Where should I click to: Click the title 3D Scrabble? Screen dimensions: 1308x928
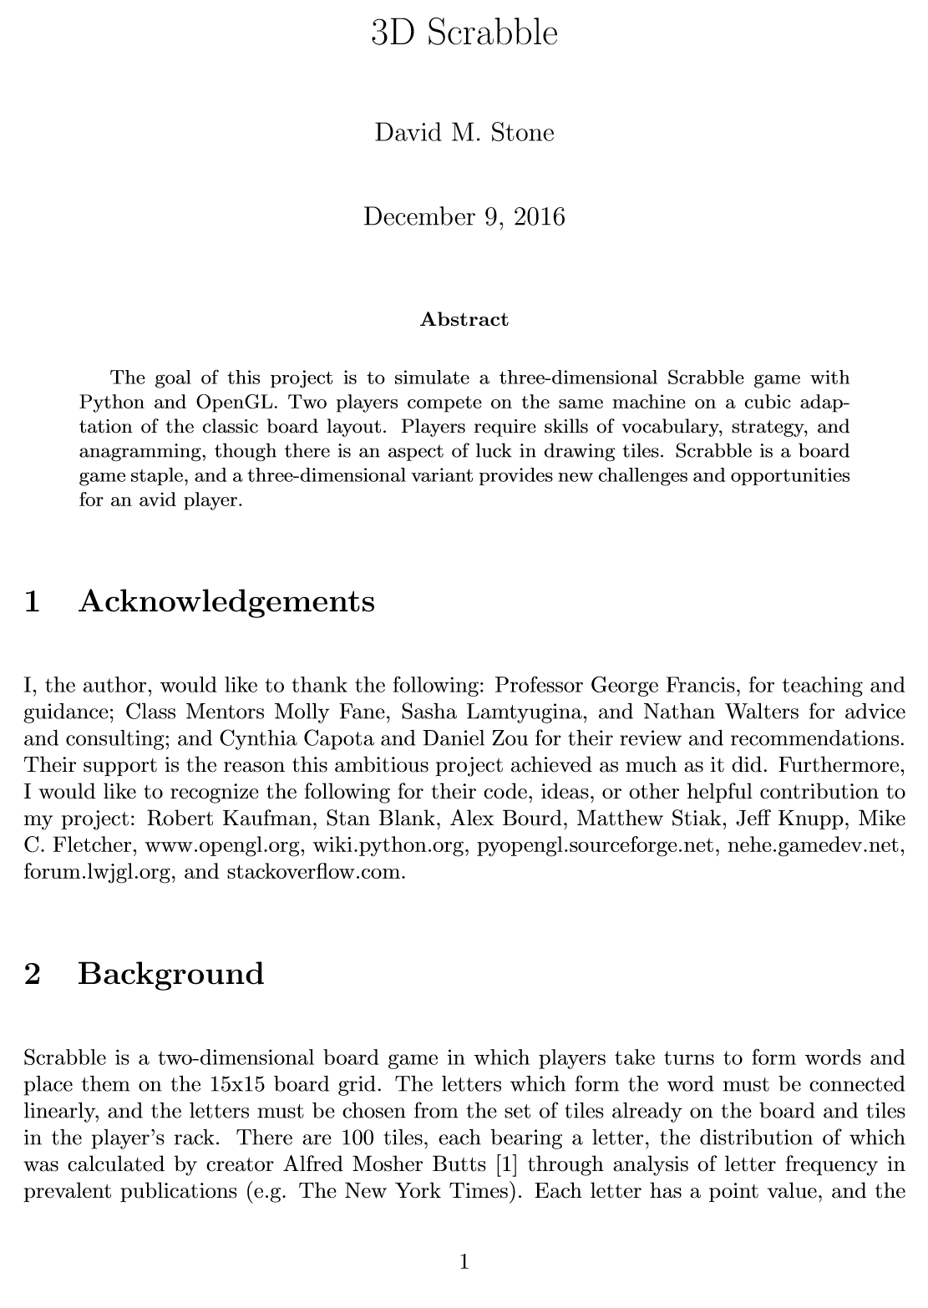click(x=464, y=33)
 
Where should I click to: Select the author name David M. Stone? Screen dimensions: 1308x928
click(x=464, y=133)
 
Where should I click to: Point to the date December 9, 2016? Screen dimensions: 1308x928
click(x=464, y=216)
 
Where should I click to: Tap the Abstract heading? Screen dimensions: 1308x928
click(x=464, y=319)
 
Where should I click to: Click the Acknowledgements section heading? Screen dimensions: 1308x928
click(x=226, y=601)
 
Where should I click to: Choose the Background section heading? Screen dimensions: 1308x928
click(x=170, y=974)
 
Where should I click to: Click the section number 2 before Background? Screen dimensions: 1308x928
click(x=33, y=974)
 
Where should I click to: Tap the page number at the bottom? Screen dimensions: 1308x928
click(x=464, y=1261)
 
